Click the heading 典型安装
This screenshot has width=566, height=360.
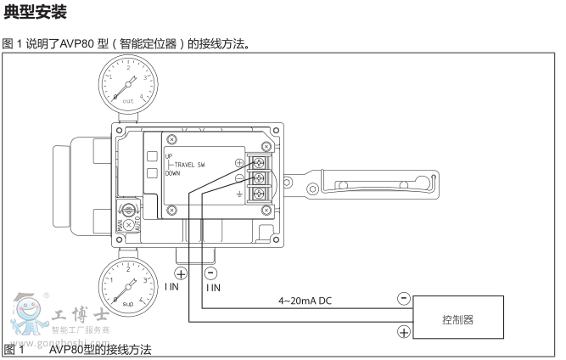[35, 14]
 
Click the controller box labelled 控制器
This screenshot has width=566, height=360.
[457, 319]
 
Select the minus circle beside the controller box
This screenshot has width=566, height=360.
[403, 299]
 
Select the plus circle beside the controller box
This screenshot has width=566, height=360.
[403, 332]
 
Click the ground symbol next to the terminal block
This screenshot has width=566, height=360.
[238, 194]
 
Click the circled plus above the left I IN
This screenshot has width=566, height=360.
[180, 273]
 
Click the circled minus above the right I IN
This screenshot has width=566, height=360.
[211, 273]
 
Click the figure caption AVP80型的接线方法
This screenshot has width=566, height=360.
[99, 350]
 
